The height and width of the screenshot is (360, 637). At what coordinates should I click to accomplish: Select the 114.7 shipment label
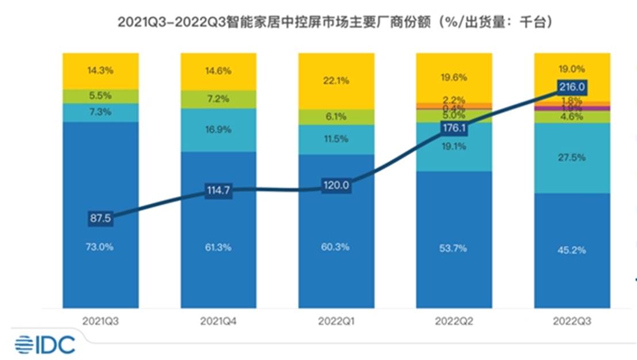point(218,190)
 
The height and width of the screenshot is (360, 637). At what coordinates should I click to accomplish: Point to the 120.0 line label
point(336,186)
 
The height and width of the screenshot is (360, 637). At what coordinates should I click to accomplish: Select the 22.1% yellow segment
point(336,81)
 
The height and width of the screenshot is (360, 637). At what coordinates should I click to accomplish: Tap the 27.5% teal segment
point(572,158)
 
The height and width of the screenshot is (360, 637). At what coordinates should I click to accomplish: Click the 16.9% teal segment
point(218,130)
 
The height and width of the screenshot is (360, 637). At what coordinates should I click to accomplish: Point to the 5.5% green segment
point(101,96)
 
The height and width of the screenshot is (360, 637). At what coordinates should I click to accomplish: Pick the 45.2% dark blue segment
point(572,250)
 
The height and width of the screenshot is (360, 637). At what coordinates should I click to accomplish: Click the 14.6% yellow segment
point(218,71)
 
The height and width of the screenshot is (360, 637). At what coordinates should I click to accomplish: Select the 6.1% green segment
point(336,117)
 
